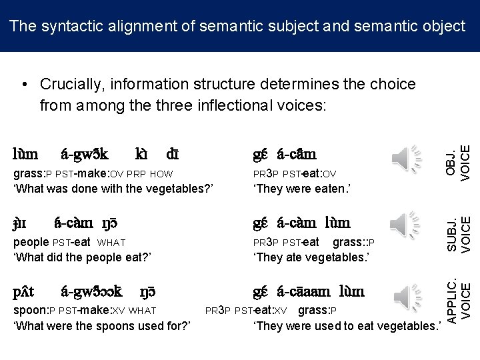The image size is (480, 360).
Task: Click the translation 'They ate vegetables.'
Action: (x=311, y=257)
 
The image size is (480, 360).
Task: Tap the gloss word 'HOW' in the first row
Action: (x=162, y=175)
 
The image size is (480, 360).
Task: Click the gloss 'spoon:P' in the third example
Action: (x=33, y=310)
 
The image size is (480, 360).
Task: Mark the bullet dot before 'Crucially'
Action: (x=24, y=85)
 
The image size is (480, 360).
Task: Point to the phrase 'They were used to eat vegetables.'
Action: (x=347, y=325)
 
